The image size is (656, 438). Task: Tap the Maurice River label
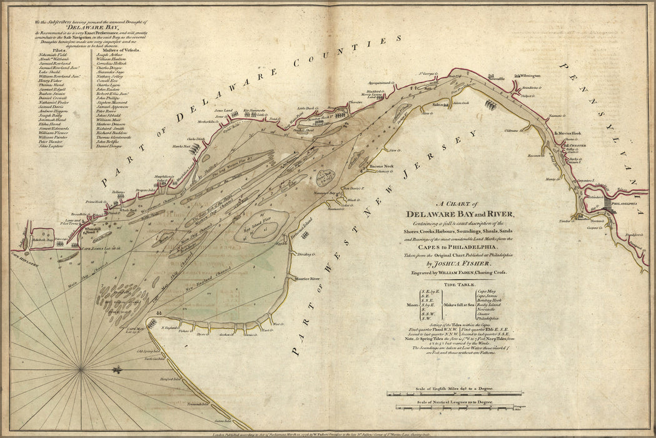pos(307,278)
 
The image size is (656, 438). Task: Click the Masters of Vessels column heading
pos(114,48)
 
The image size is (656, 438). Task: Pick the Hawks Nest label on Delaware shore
pos(182,146)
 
